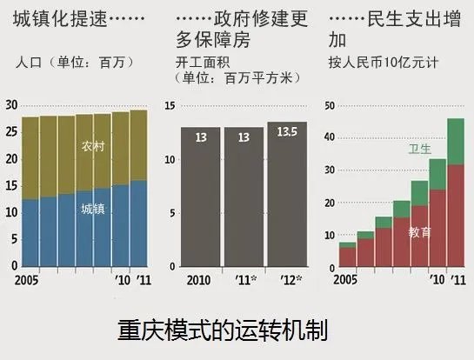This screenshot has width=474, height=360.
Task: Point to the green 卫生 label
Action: click(x=419, y=149)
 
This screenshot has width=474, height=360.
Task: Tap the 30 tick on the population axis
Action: click(x=11, y=105)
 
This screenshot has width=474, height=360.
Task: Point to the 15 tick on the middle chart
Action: click(x=170, y=106)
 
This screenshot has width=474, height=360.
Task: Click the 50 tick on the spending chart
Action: click(x=330, y=106)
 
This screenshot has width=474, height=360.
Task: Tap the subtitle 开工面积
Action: click(x=201, y=63)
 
